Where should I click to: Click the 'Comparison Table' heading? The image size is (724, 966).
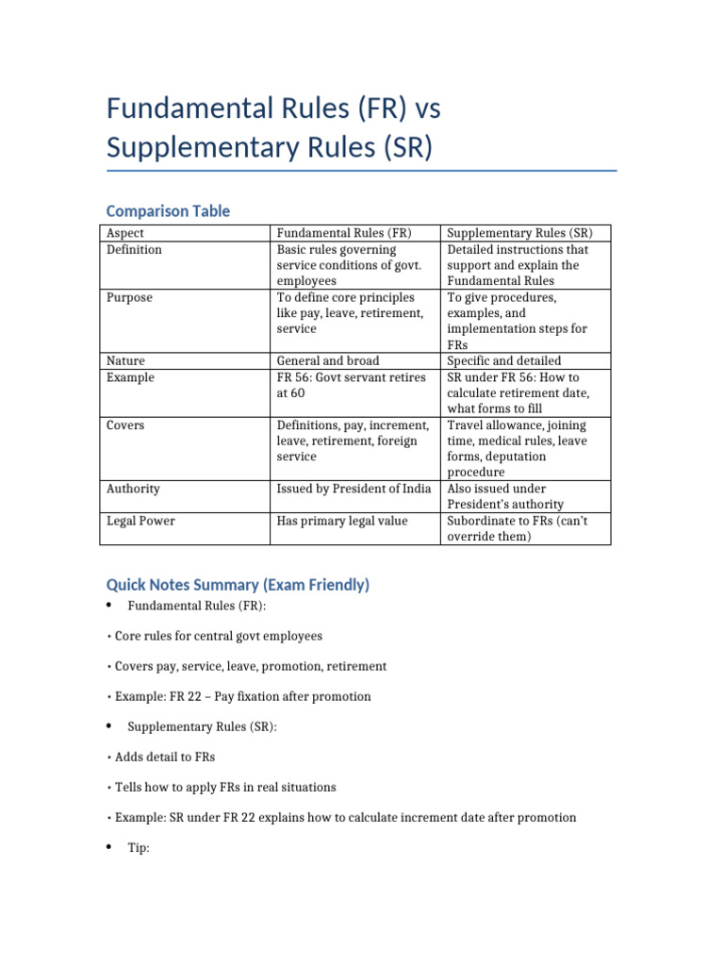tap(168, 211)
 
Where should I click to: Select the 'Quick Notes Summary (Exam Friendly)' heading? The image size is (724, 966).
tap(238, 585)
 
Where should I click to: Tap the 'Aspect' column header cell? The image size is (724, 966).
tap(125, 233)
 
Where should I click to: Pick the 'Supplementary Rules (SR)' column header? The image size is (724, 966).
tap(519, 233)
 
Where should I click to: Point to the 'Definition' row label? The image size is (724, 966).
tap(135, 250)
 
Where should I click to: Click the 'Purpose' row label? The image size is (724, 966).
tap(130, 297)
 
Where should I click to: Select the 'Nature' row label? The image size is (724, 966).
tap(126, 360)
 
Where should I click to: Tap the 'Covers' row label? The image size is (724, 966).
tap(126, 425)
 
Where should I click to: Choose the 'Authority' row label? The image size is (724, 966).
tap(133, 489)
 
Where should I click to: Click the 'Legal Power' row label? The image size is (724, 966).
tap(141, 521)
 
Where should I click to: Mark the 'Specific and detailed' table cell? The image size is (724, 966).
tap(504, 360)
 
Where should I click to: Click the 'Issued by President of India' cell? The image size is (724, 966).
tap(354, 489)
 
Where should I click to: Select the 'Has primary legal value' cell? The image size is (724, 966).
tap(342, 521)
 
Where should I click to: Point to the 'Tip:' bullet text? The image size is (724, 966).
tap(139, 848)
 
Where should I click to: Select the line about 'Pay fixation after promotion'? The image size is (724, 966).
tap(242, 696)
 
